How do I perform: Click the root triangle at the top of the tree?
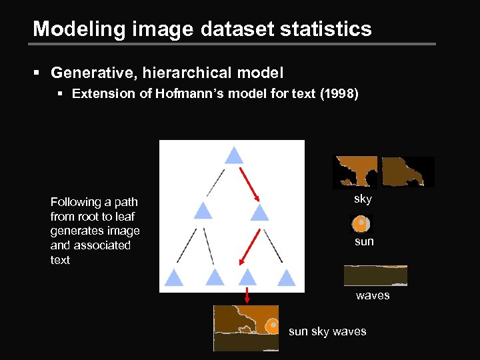click(233, 156)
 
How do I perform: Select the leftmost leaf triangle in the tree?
click(174, 277)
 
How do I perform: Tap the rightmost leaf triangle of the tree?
click(287, 277)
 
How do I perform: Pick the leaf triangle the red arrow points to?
click(247, 277)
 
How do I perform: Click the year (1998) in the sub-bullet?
click(339, 93)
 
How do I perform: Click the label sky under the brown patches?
click(363, 199)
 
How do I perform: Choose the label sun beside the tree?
click(364, 241)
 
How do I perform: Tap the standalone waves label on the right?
click(373, 295)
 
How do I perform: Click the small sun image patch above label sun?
click(361, 223)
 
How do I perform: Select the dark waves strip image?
click(375, 275)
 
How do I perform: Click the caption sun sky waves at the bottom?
click(327, 331)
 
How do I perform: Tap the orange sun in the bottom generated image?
click(272, 326)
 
